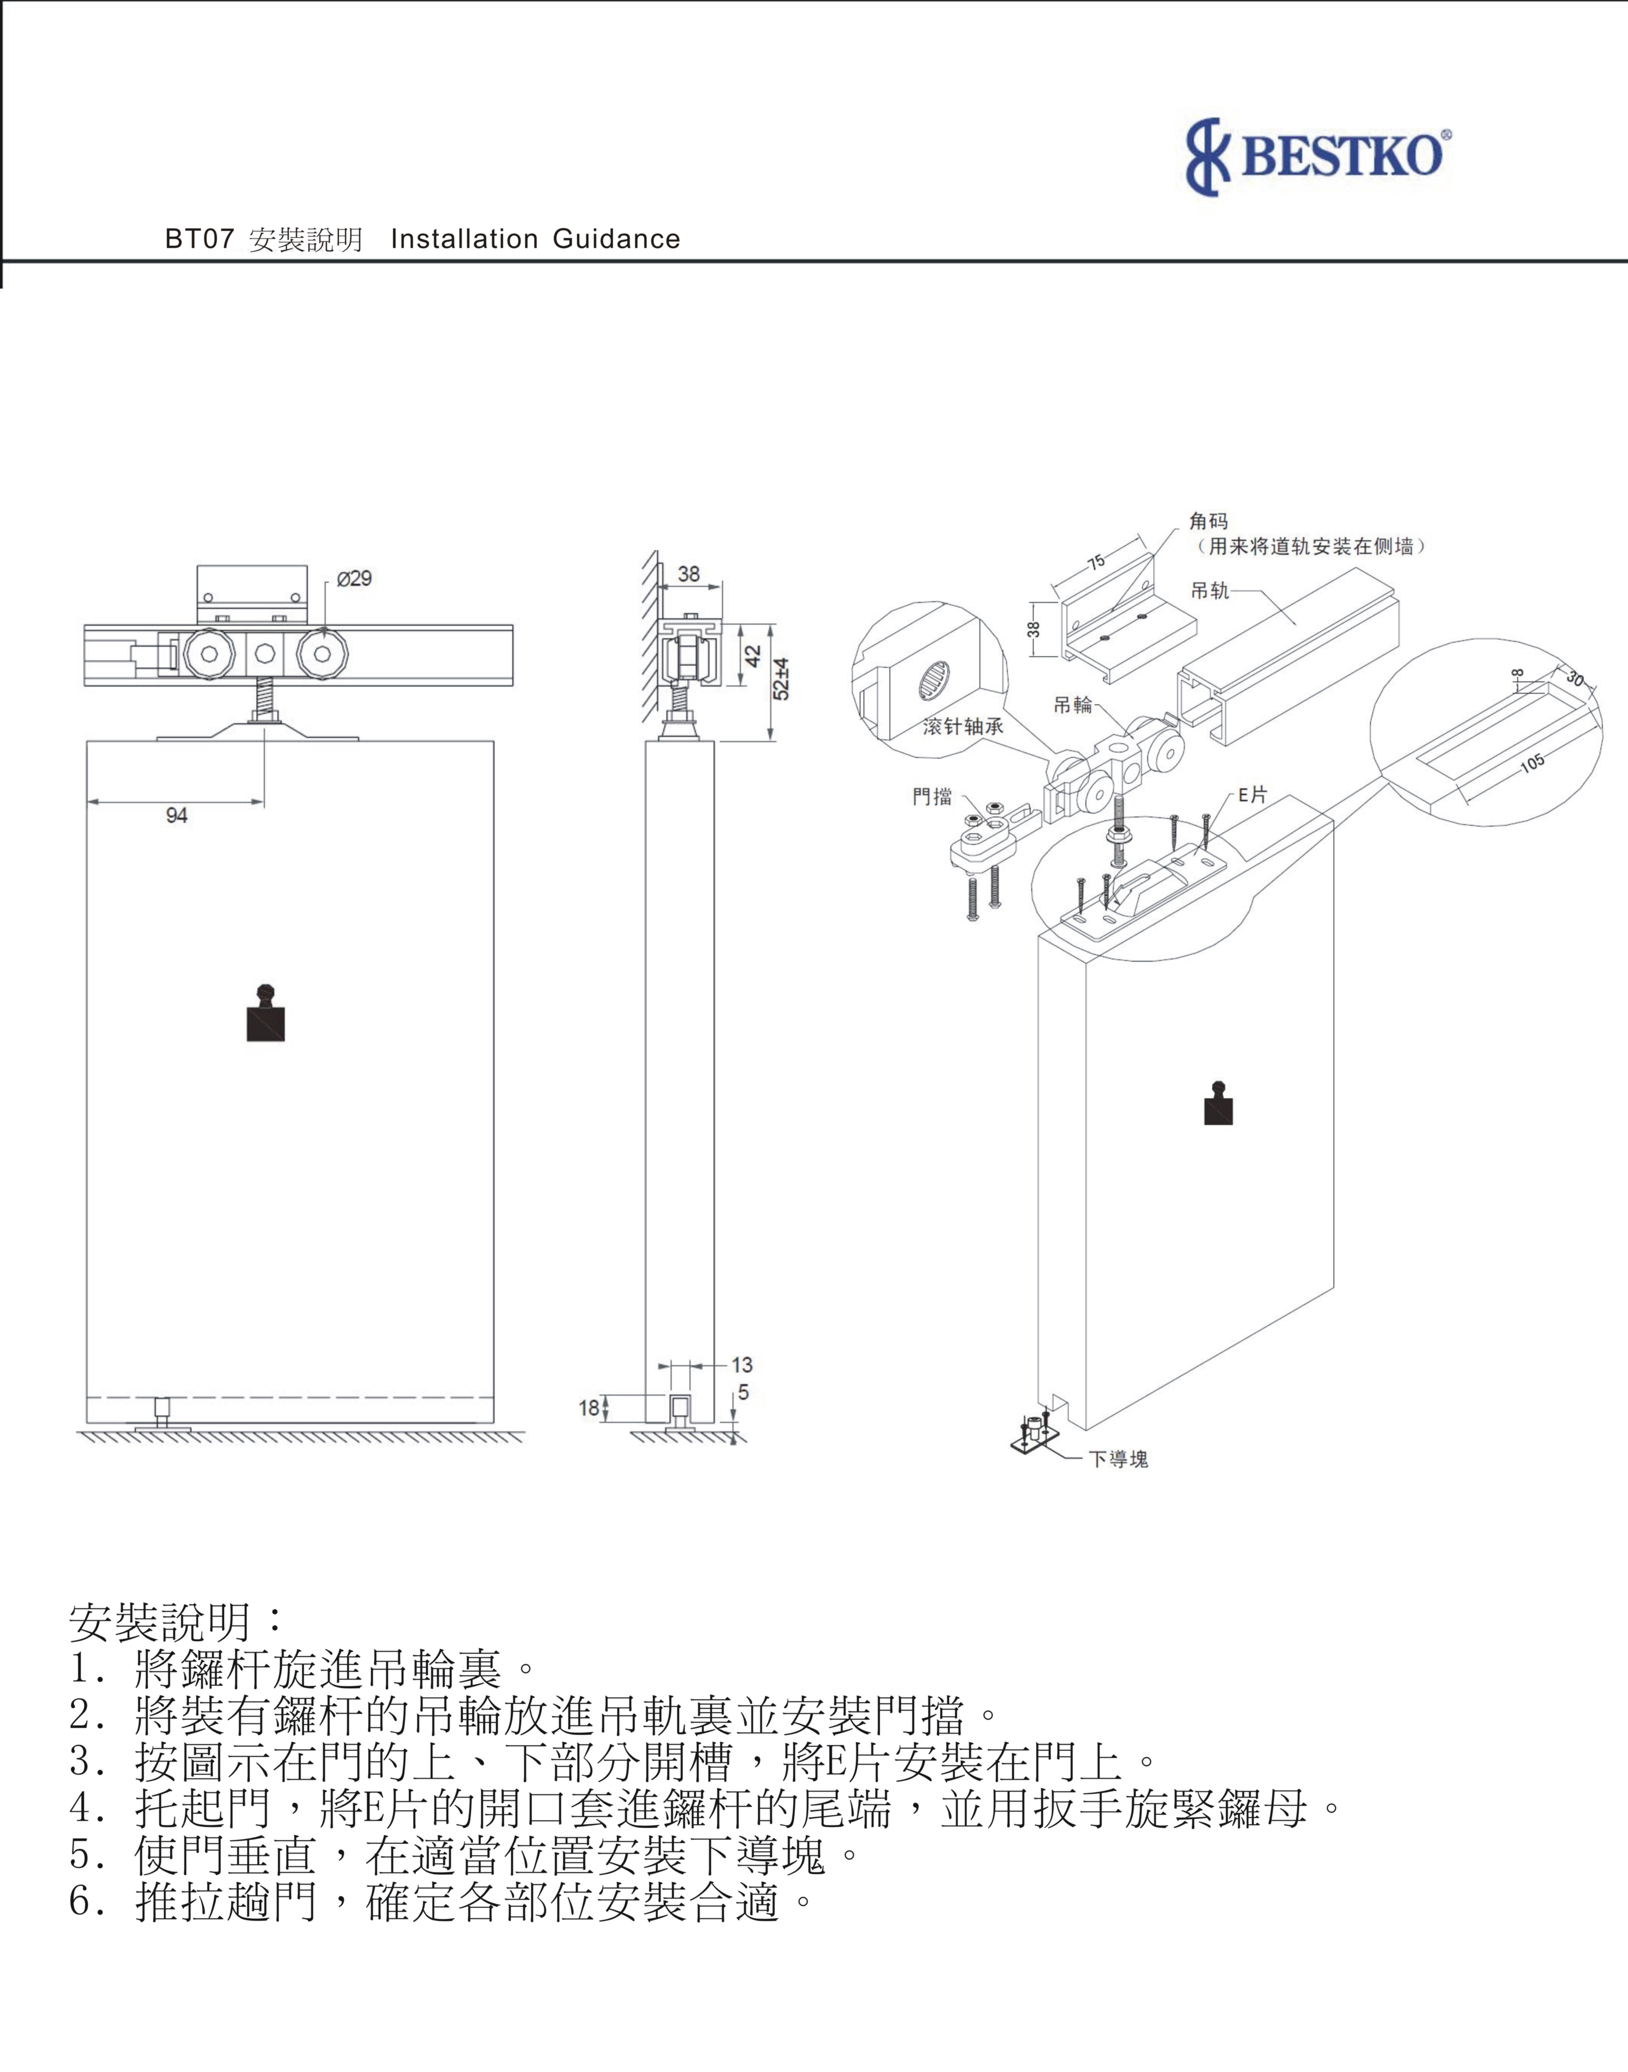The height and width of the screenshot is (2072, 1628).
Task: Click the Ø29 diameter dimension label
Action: (x=354, y=578)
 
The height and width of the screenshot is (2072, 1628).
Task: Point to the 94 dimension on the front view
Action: (x=176, y=815)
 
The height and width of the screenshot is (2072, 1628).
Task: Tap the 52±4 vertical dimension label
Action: (x=782, y=678)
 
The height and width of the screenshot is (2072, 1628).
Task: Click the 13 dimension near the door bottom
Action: (x=741, y=1365)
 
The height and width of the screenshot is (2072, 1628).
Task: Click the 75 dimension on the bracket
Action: (x=1097, y=562)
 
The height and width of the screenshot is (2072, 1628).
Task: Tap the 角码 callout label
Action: (x=1209, y=520)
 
